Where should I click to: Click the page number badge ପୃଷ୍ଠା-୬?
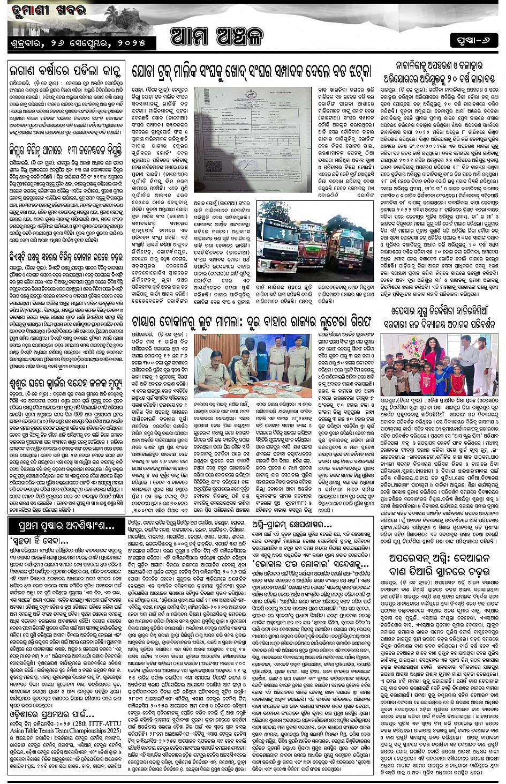473,41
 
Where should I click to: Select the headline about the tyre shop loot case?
251,322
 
